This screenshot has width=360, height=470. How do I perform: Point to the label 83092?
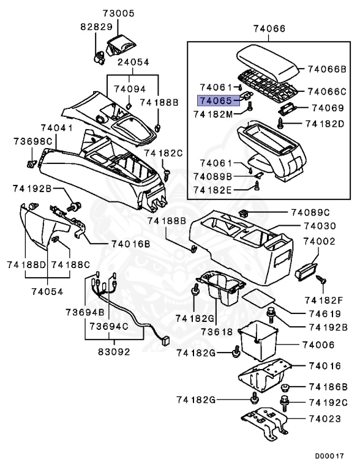point(116,352)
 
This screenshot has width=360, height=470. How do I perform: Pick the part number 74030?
point(319,226)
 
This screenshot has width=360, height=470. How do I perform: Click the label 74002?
point(319,242)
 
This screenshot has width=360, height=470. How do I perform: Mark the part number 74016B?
point(130,244)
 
